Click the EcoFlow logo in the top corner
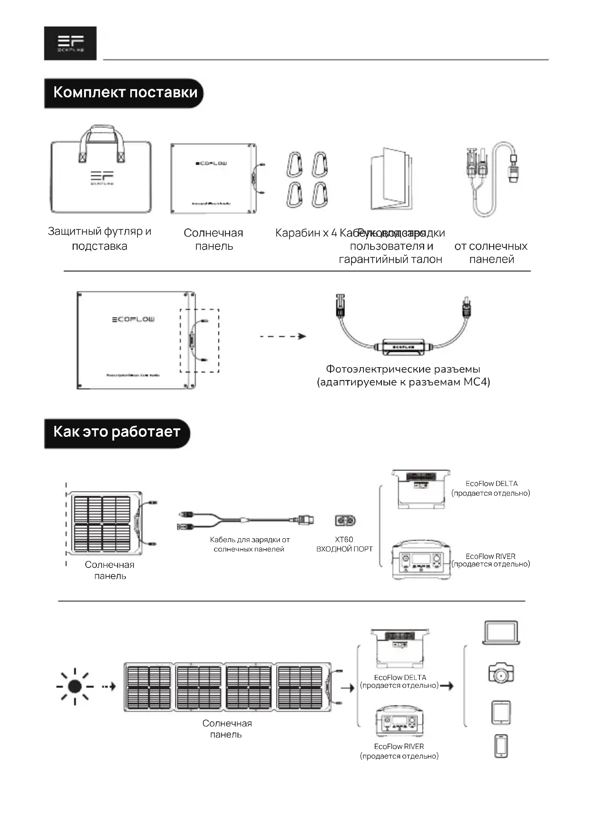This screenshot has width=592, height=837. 71,43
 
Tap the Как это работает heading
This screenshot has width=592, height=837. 117,432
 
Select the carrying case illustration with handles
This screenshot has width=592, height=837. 101,171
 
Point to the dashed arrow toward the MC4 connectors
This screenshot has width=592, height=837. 283,336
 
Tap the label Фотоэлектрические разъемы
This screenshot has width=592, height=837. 403,369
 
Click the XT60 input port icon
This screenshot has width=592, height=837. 345,520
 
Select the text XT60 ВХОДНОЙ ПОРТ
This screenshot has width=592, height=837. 344,544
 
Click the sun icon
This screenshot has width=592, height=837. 75,687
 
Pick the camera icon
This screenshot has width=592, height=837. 501,673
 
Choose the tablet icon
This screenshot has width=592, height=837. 501,712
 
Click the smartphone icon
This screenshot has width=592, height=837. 501,746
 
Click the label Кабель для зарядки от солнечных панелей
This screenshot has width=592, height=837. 250,544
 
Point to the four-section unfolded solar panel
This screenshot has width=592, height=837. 228,687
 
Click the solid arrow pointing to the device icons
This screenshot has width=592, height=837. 447,686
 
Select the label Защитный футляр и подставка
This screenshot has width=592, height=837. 100,239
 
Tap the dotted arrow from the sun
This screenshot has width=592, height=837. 109,687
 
